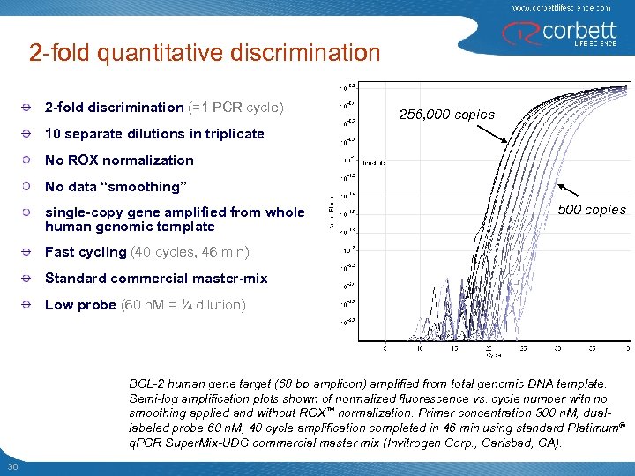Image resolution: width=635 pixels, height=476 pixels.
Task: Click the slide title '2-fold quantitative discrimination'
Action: click(204, 53)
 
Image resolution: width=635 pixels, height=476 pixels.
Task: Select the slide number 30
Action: click(13, 466)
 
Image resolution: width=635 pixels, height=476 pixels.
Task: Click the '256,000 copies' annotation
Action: click(446, 115)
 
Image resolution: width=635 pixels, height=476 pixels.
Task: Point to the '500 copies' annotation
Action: click(592, 210)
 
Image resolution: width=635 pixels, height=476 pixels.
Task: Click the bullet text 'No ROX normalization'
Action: click(119, 160)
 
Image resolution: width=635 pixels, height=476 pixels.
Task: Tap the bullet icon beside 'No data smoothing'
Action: click(28, 187)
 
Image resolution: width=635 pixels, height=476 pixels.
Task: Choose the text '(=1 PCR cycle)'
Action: click(235, 108)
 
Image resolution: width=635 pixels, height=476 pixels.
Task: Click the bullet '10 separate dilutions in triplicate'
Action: click(154, 134)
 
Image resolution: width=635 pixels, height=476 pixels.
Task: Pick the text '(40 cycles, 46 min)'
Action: click(190, 252)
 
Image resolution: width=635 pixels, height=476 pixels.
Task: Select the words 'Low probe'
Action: click(80, 305)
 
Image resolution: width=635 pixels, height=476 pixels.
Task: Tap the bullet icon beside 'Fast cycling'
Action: click(28, 252)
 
